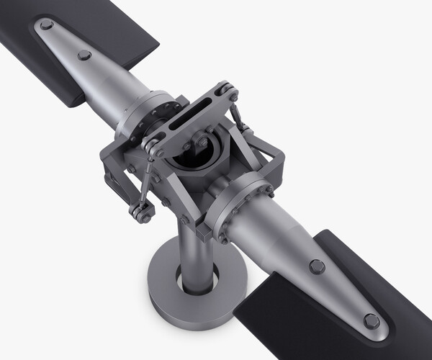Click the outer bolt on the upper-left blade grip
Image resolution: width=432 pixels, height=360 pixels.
point(47,25)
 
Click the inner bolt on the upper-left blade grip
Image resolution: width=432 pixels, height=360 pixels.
point(84,55)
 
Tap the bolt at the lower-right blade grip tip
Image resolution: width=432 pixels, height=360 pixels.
point(372,321)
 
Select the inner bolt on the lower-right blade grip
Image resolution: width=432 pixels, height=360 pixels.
point(316,266)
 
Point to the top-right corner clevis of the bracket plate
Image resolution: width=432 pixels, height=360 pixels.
point(229,92)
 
